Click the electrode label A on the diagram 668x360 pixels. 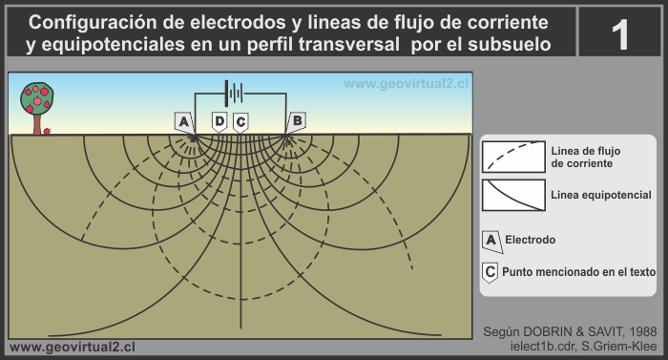pos(184,121)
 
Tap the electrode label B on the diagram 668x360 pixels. pos(298,120)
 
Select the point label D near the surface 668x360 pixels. pos(219,121)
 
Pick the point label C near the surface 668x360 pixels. pos(240,121)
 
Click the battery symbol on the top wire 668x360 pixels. pos(232,94)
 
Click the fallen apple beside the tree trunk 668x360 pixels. pos(49,131)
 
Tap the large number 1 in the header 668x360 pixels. pos(620,35)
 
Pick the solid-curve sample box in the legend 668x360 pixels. pos(513,195)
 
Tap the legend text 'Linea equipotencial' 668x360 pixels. pos(601,195)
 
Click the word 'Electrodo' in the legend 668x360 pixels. pos(532,239)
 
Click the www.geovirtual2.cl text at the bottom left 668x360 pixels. pos(71,347)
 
